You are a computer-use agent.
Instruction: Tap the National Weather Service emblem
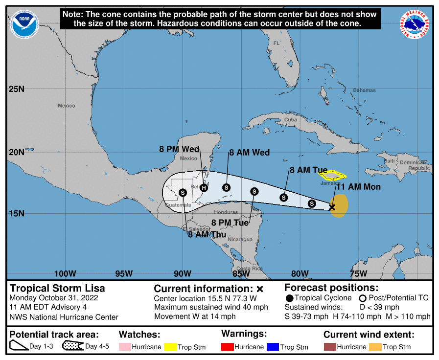[416, 23]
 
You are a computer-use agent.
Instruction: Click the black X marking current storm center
[332, 207]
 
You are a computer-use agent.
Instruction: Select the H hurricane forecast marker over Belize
[204, 188]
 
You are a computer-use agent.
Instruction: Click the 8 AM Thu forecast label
[207, 235]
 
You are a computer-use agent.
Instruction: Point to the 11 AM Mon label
[358, 187]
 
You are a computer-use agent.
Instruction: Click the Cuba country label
[291, 119]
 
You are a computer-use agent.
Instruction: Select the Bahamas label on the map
[364, 90]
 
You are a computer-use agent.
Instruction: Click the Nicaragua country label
[240, 240]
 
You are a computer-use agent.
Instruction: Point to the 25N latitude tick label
[16, 89]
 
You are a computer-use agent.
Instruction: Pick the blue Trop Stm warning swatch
[272, 347]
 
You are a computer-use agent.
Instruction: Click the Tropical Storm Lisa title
[57, 288]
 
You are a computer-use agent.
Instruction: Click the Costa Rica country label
[250, 269]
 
